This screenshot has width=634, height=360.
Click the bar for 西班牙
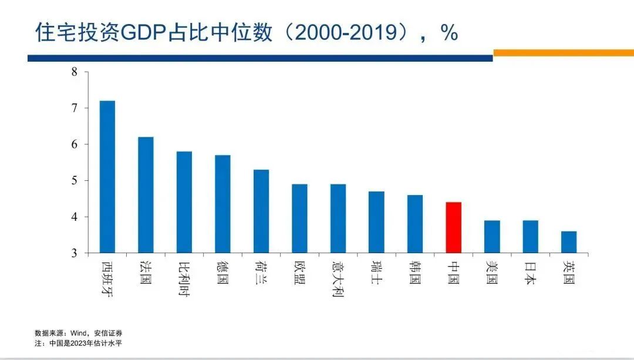pyautogui.click(x=107, y=177)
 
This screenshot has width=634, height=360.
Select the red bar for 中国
pyautogui.click(x=454, y=227)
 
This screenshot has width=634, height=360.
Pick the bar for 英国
pyautogui.click(x=569, y=242)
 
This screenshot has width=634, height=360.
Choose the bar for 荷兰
pyautogui.click(x=261, y=211)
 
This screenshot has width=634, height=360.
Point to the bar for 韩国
pyautogui.click(x=415, y=224)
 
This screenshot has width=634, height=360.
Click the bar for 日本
pyautogui.click(x=531, y=237)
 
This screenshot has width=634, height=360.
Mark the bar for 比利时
pyautogui.click(x=184, y=202)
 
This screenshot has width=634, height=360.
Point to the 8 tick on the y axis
pyautogui.click(x=75, y=72)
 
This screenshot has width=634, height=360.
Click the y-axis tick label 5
pyautogui.click(x=75, y=181)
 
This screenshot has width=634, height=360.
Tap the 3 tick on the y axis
pyautogui.click(x=75, y=253)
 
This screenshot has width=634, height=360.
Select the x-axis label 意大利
pyautogui.click(x=338, y=279)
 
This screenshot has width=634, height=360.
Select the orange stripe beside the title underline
pyautogui.click(x=563, y=53)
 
